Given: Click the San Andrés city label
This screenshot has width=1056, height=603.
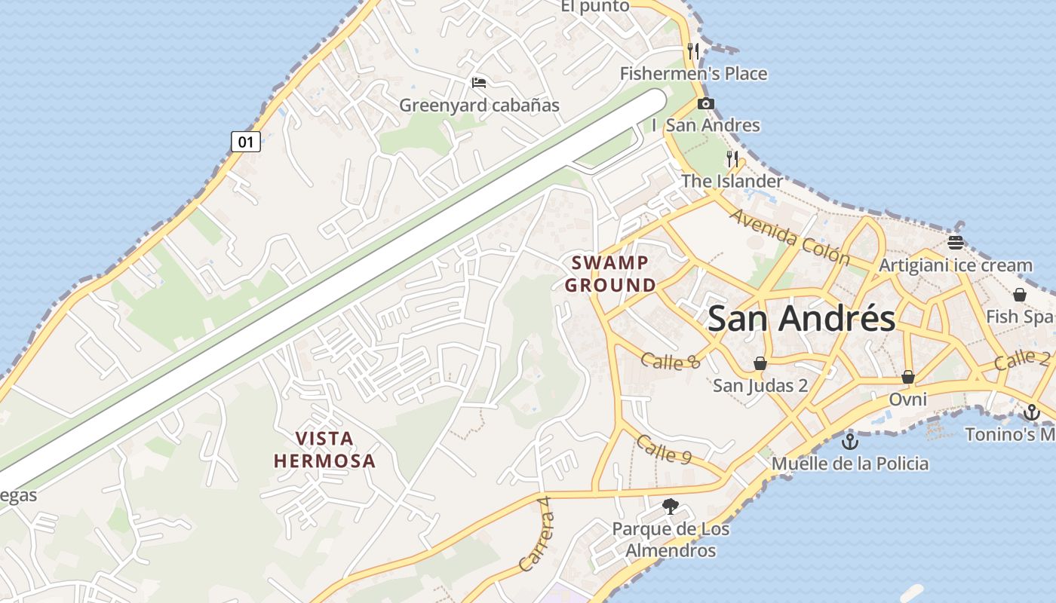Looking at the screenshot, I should [x=802, y=319].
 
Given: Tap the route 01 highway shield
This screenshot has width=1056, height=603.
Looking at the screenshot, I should [x=246, y=141].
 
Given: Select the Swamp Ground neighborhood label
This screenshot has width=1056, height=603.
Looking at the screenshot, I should [x=610, y=274].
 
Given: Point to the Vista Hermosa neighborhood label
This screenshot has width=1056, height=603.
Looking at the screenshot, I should [x=324, y=449].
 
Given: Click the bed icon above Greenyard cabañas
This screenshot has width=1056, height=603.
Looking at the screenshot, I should [x=479, y=82].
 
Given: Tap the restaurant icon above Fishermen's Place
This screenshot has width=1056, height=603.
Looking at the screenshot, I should [x=693, y=51].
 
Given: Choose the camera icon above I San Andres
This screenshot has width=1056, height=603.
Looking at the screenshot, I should [x=706, y=104].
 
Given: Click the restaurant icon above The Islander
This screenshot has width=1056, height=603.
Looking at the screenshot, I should [x=732, y=158].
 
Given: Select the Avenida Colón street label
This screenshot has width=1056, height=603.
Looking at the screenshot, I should [x=789, y=237].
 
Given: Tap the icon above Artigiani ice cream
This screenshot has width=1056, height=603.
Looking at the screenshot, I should [x=956, y=242].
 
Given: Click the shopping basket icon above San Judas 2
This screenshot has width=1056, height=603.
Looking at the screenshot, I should [x=760, y=363].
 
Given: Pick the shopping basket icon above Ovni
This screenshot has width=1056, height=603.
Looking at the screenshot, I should [x=908, y=376].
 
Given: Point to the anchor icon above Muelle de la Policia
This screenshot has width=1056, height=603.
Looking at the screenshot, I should [x=850, y=441].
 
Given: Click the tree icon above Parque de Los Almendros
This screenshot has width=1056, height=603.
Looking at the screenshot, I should [x=671, y=507].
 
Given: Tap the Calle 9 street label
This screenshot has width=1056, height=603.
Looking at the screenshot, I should [x=664, y=448].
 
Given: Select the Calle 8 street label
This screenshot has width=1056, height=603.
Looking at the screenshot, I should [x=671, y=361].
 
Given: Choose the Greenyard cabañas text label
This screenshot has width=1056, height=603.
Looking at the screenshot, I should [x=480, y=105].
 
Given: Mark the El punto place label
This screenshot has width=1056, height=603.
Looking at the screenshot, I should [x=595, y=6].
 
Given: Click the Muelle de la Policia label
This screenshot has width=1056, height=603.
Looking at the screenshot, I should [x=850, y=463].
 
